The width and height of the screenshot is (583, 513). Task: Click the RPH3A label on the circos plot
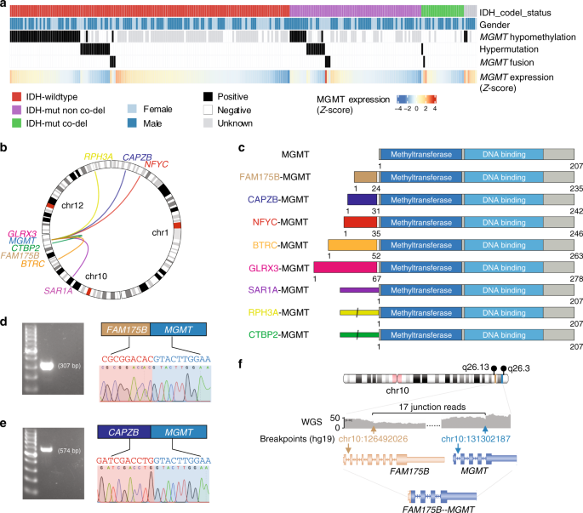click(100, 157)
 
